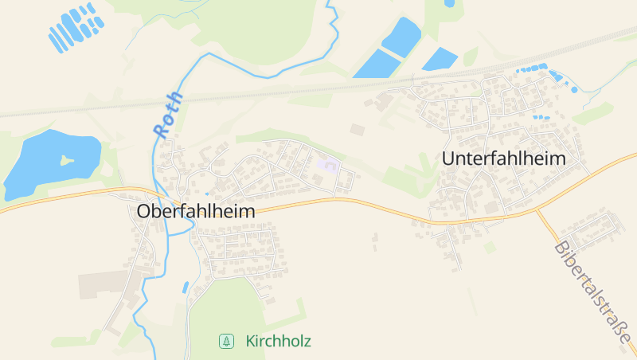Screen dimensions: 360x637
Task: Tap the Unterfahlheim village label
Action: [503, 158]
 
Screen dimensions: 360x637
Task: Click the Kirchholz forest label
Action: [278, 342]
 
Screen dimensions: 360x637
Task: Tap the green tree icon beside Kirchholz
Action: [227, 342]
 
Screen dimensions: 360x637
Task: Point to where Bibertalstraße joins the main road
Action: [536, 210]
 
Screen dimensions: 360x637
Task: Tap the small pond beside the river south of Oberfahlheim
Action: [186, 287]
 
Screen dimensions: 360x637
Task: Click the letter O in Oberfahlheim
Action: [144, 212]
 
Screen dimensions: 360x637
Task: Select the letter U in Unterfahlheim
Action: [448, 158]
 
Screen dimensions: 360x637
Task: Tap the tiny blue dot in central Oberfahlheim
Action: [207, 194]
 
